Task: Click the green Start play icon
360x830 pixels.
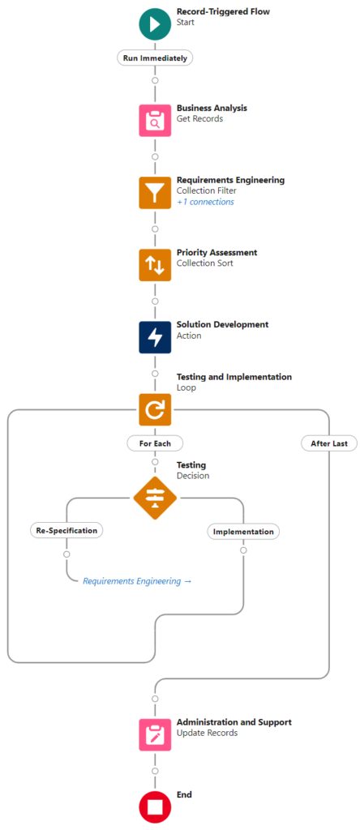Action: pos(155,24)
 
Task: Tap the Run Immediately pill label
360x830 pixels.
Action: pos(155,58)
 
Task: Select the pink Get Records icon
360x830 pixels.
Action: pos(155,120)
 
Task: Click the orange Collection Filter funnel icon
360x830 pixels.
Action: pos(155,193)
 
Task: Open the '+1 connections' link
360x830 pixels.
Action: pos(205,202)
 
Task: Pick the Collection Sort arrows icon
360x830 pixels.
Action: pos(155,265)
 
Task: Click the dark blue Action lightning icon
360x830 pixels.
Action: pos(155,337)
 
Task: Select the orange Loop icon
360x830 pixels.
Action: pos(155,409)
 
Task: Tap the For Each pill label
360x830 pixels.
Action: pos(155,443)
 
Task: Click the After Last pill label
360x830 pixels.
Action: pos(328,443)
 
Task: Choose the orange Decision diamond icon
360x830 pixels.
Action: pos(155,498)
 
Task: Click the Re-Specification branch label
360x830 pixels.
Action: pos(66,530)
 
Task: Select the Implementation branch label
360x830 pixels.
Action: pos(243,532)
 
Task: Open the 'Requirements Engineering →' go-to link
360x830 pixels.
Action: pos(137,581)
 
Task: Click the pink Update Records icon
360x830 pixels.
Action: pos(155,734)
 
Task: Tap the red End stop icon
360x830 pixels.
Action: pos(155,806)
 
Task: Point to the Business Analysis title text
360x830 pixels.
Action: pos(212,108)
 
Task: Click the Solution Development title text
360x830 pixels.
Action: pos(223,324)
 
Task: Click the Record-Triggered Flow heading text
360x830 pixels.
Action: pos(223,11)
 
